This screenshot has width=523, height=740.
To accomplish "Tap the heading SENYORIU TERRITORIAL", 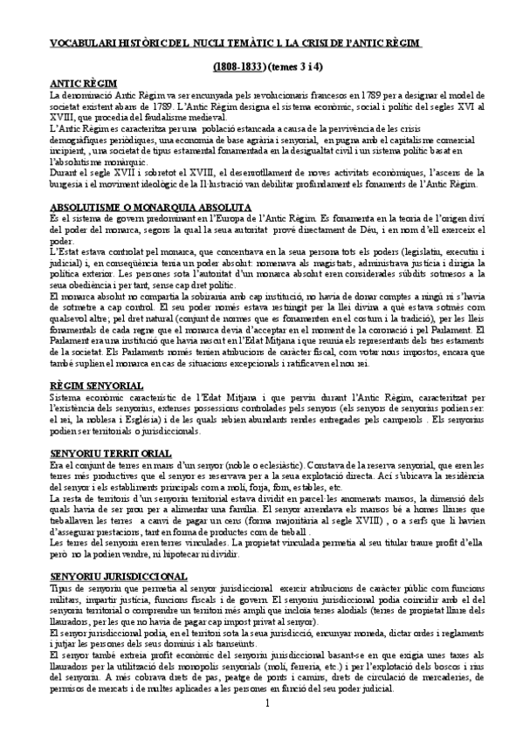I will click(109, 454).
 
